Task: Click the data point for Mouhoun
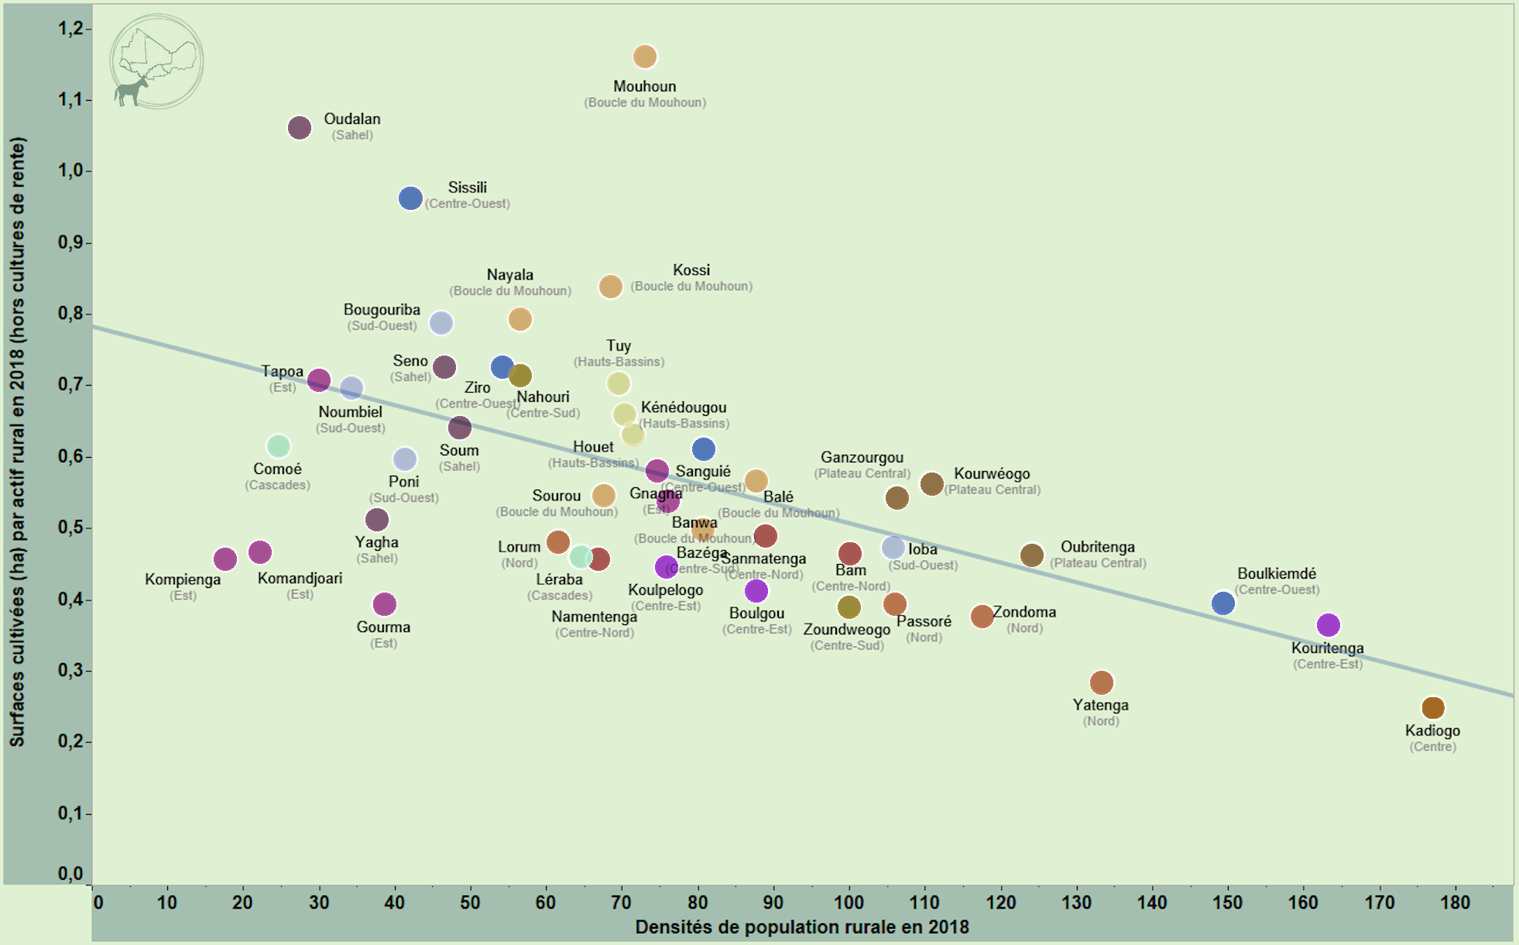pyautogui.click(x=645, y=57)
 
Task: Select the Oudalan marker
pyautogui.click(x=300, y=128)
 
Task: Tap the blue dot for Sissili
pyautogui.click(x=410, y=198)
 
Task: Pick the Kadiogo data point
pyautogui.click(x=1433, y=707)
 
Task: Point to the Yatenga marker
pyautogui.click(x=1101, y=682)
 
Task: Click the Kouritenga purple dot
pyautogui.click(x=1328, y=624)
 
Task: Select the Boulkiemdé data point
pyautogui.click(x=1222, y=603)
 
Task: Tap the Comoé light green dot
pyautogui.click(x=278, y=446)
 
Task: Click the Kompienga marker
pyautogui.click(x=225, y=558)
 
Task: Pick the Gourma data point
pyautogui.click(x=384, y=603)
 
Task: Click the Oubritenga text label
pyautogui.click(x=1097, y=547)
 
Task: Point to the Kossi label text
pyautogui.click(x=691, y=270)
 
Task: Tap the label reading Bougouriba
pyautogui.click(x=382, y=310)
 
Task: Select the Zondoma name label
pyautogui.click(x=1024, y=612)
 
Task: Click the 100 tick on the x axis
pyautogui.click(x=849, y=902)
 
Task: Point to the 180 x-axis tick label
pyautogui.click(x=1455, y=902)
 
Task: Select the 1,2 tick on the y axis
pyautogui.click(x=70, y=29)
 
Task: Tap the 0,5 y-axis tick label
pyautogui.click(x=70, y=527)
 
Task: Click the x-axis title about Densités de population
pyautogui.click(x=802, y=927)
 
